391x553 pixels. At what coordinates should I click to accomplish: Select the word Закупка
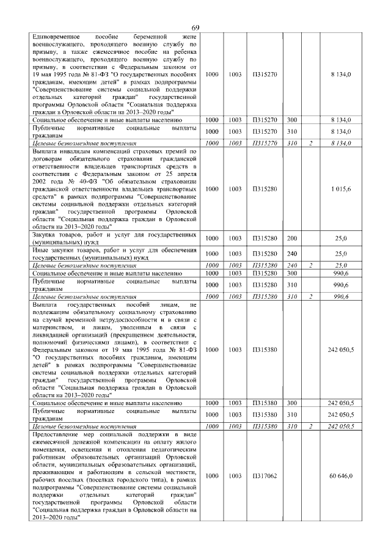pos(46,235)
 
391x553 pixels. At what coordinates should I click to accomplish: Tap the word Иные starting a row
pos(42,250)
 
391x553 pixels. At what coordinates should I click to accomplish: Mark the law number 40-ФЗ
pos(92,181)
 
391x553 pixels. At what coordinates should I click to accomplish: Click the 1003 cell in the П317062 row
pos(234,475)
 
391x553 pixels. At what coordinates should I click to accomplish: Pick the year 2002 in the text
pos(40,181)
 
